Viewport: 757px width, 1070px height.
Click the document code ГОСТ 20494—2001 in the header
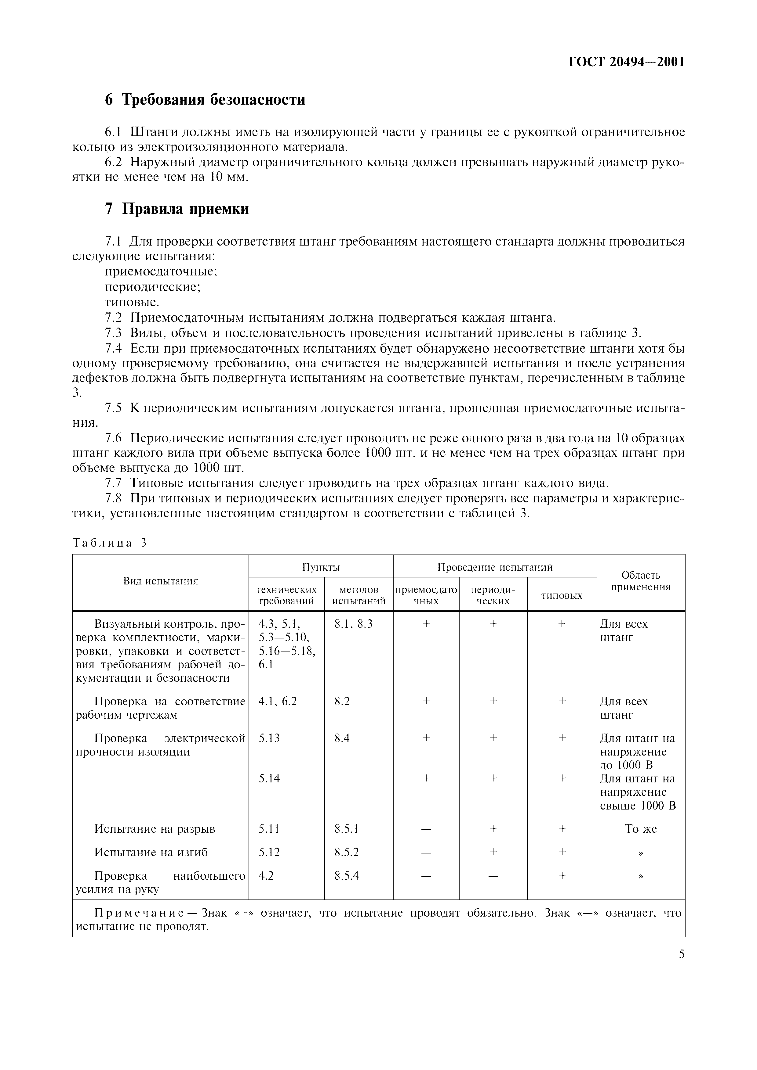(626, 62)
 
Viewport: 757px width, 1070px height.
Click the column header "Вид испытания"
(160, 581)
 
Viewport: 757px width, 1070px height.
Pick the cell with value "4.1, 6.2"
(278, 701)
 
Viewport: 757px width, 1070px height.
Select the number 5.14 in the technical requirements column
(269, 778)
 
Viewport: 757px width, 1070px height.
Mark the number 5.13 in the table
(269, 738)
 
